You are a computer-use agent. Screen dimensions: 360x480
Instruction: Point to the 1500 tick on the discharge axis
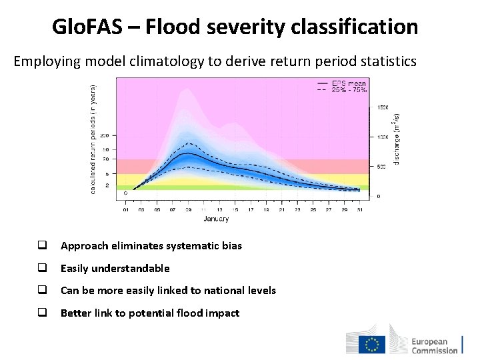click(383, 107)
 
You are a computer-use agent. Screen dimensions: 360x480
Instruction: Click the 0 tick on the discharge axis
click(379, 196)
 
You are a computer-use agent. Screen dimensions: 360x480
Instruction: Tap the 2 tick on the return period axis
click(107, 185)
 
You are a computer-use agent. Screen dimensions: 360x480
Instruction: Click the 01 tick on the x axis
click(127, 209)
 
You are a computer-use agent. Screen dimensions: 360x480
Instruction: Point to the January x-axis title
click(216, 219)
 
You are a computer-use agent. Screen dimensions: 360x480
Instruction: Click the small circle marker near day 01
click(125, 193)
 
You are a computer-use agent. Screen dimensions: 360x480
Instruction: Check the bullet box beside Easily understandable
click(41, 268)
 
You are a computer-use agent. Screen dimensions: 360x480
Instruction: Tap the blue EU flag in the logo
click(371, 344)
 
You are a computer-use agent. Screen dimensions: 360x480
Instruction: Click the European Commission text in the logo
click(434, 345)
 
